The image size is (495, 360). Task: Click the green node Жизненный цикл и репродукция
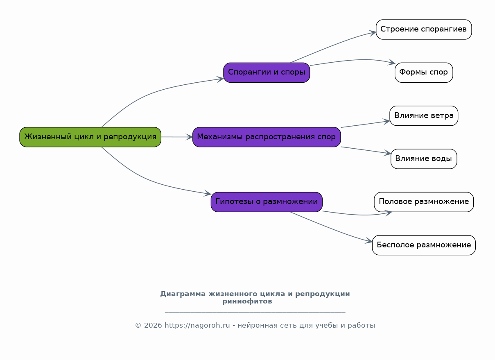click(90, 137)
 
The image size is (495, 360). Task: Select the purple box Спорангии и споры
click(267, 72)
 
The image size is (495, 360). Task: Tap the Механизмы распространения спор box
click(267, 137)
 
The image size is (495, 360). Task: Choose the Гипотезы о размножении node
click(267, 202)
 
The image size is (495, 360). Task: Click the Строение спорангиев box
click(424, 29)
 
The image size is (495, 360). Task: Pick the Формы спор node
click(424, 72)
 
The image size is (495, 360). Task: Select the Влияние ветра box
click(424, 115)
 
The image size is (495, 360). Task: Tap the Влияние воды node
click(424, 158)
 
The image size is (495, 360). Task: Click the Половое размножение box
click(424, 202)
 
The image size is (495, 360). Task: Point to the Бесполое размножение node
click(424, 245)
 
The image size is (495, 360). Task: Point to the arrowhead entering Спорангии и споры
click(221, 79)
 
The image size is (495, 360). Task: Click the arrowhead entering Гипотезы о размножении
click(208, 194)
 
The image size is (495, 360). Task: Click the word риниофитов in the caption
click(247, 301)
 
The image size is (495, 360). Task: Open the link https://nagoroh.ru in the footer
click(197, 326)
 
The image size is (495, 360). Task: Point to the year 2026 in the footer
click(153, 326)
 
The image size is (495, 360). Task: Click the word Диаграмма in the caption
click(183, 294)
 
